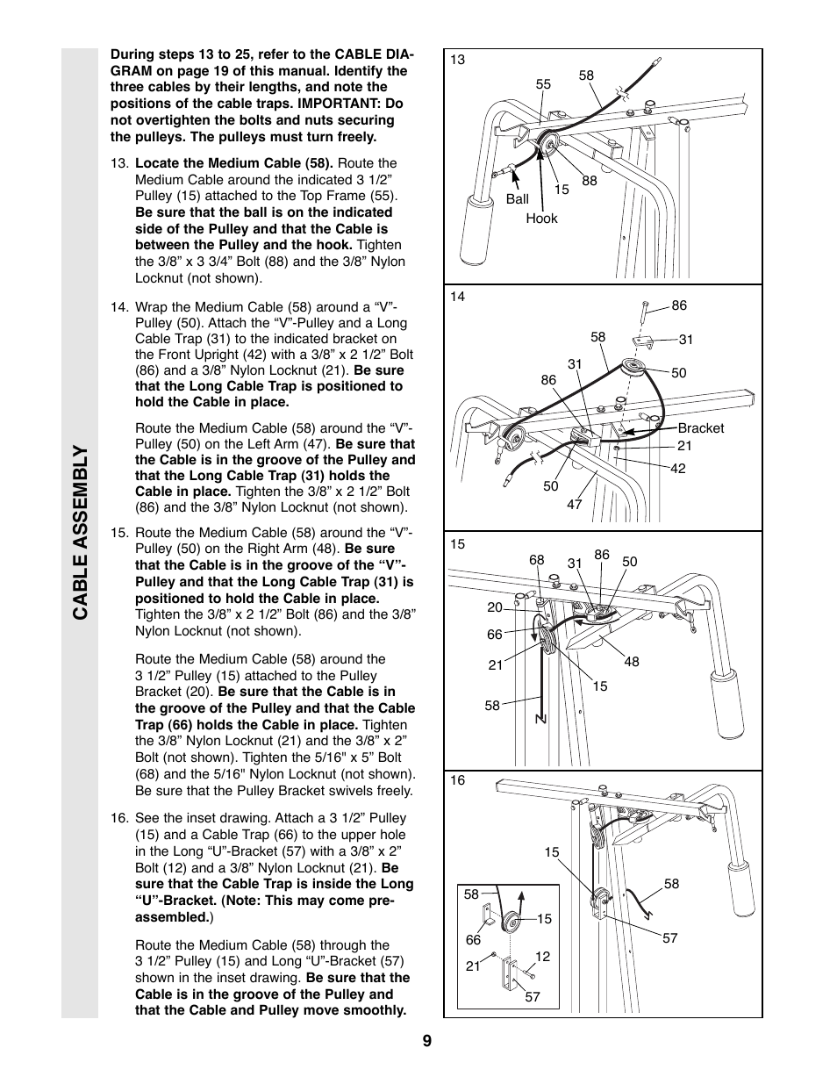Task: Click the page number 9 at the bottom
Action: [426, 1042]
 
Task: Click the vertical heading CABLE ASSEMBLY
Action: [80, 532]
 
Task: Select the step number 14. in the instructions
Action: [120, 307]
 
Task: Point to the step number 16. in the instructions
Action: [120, 818]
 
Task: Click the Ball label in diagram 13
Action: [517, 199]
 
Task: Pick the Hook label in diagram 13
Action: [541, 219]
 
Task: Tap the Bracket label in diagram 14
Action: [700, 428]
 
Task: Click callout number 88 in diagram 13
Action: [589, 181]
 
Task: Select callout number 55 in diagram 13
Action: [543, 84]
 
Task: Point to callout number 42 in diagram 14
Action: [677, 469]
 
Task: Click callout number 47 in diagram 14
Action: [574, 505]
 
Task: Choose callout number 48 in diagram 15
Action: [632, 662]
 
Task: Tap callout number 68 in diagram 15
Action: [537, 560]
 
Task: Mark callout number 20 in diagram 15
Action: [495, 607]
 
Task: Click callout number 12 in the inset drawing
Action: [542, 956]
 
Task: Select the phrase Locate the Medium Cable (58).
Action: [234, 163]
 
